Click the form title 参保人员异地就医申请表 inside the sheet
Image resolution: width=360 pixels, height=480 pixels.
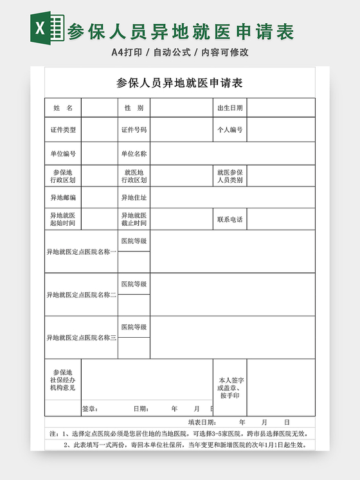(x=179, y=83)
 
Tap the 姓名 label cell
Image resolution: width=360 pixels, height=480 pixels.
(x=63, y=107)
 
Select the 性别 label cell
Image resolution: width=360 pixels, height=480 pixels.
(x=134, y=107)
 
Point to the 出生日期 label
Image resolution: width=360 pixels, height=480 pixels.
(x=230, y=107)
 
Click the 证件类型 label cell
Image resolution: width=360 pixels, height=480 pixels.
(x=63, y=129)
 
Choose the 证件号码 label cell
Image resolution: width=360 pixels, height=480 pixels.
(x=134, y=129)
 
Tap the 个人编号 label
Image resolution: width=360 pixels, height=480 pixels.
(x=230, y=129)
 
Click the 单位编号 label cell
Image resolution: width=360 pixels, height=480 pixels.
(x=63, y=154)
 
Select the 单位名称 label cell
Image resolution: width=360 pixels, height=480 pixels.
(x=134, y=154)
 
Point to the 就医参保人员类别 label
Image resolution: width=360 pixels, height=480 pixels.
(x=230, y=176)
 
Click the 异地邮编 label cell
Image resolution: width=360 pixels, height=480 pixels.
(x=63, y=198)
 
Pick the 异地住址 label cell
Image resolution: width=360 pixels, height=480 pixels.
(x=134, y=198)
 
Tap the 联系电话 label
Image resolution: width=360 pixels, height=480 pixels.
(x=230, y=219)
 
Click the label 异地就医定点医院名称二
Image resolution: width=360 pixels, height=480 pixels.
(x=81, y=295)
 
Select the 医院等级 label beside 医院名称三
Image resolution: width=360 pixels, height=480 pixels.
(x=134, y=327)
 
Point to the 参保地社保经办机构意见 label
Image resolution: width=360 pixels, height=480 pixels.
(x=63, y=380)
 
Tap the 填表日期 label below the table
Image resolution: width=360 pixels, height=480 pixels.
(x=202, y=422)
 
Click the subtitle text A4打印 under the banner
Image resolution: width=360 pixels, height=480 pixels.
(x=126, y=52)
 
